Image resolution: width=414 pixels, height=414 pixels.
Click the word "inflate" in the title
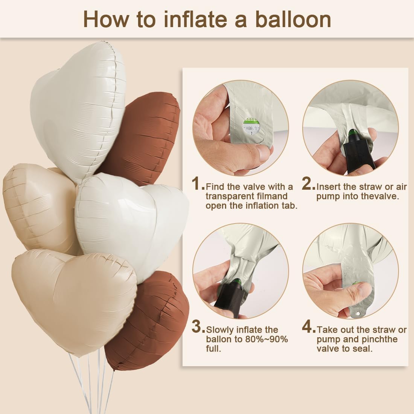[195, 19]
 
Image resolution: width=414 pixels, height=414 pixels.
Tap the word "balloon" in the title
[293, 19]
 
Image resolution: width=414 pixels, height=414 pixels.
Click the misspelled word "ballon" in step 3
[219, 339]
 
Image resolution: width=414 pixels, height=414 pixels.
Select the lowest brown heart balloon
[148, 321]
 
